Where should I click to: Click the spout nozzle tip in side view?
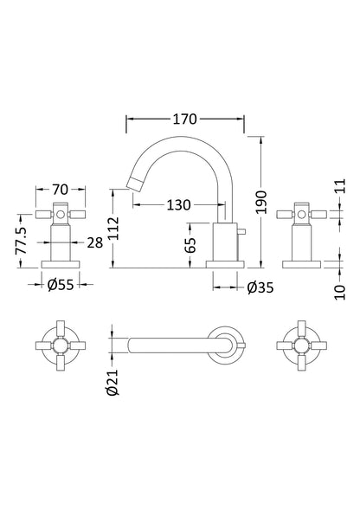(x=133, y=181)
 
